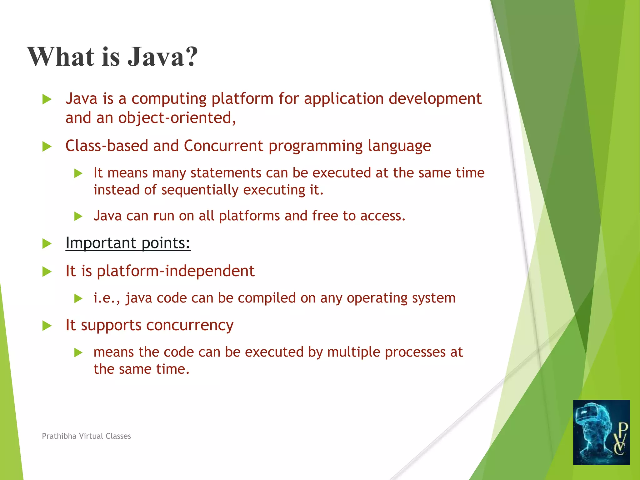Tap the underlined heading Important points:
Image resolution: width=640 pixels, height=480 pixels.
(x=128, y=243)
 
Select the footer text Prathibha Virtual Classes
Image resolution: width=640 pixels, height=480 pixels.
(x=86, y=436)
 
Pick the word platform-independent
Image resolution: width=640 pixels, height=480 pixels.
(x=176, y=271)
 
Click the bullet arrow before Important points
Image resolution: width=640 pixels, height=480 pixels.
(x=47, y=243)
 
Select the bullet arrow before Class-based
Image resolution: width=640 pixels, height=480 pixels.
(x=47, y=146)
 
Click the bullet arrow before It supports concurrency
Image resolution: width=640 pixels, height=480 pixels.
(x=47, y=326)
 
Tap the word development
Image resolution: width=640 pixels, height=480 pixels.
(x=435, y=99)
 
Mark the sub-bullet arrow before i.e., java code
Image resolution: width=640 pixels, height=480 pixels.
(x=78, y=298)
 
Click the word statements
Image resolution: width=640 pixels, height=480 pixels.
(x=226, y=173)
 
